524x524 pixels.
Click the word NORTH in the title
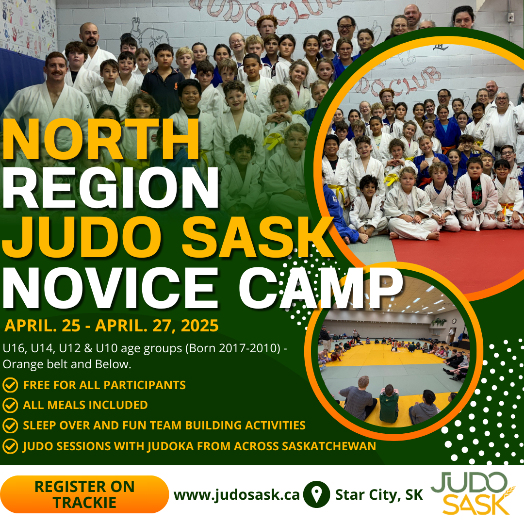pyautogui.click(x=101, y=139)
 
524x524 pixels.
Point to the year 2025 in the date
pyautogui.click(x=199, y=326)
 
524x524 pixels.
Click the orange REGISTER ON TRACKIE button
pyautogui.click(x=84, y=494)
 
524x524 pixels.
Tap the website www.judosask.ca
pyautogui.click(x=237, y=495)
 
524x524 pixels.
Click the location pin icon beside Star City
pyautogui.click(x=316, y=494)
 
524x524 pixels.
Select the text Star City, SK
pyautogui.click(x=379, y=495)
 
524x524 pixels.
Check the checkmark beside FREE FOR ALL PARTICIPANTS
pyautogui.click(x=10, y=385)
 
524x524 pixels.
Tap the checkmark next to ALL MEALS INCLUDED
pyautogui.click(x=10, y=405)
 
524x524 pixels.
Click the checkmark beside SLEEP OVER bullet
pyautogui.click(x=10, y=426)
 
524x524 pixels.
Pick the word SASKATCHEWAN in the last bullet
pyautogui.click(x=329, y=446)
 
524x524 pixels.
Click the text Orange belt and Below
pyautogui.click(x=67, y=364)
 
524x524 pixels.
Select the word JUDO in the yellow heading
pyautogui.click(x=82, y=237)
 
